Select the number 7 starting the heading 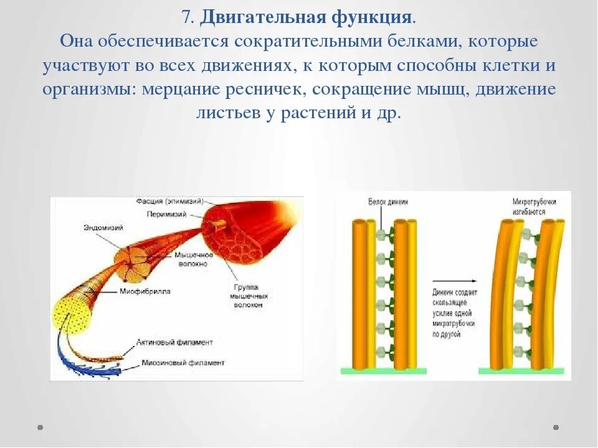click(186, 17)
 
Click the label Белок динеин click(387, 202)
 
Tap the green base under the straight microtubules click(382, 370)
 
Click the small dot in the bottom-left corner click(40, 427)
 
